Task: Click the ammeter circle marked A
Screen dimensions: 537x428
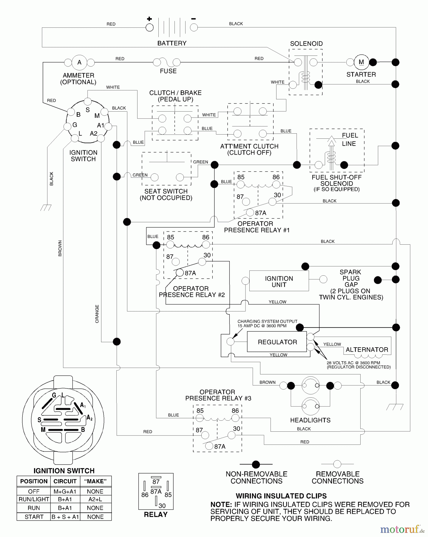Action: click(x=79, y=62)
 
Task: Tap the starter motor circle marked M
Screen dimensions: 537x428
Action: click(x=361, y=62)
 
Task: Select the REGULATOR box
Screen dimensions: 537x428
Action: click(x=277, y=342)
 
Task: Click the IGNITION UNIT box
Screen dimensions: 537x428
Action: click(x=279, y=281)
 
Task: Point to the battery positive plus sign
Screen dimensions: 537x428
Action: click(x=149, y=19)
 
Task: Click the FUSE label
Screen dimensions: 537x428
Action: click(x=168, y=71)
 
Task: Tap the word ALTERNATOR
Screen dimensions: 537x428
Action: click(x=367, y=350)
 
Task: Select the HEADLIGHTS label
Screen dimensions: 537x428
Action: click(x=310, y=420)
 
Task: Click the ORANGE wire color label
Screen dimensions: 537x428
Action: click(x=97, y=314)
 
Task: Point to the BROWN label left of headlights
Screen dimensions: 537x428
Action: click(x=267, y=382)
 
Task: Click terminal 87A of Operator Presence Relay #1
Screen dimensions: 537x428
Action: click(x=250, y=212)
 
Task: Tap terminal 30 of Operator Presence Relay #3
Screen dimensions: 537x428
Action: click(x=231, y=435)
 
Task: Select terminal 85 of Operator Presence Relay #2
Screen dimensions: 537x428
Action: click(x=170, y=245)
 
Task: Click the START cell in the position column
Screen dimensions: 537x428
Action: click(x=34, y=517)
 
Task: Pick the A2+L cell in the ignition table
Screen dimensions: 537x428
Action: click(x=95, y=499)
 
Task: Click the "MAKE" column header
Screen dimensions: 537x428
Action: click(x=95, y=481)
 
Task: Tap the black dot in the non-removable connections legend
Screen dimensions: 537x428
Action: click(x=256, y=464)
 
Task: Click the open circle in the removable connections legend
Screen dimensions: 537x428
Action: click(x=337, y=464)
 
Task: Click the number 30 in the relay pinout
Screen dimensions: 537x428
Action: click(x=162, y=505)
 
